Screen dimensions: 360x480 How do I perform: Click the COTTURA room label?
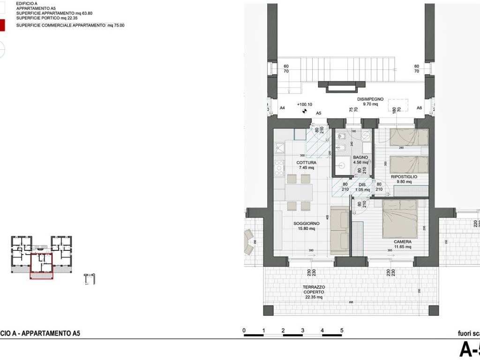[x=306, y=163]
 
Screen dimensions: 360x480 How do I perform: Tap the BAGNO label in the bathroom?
[x=360, y=157]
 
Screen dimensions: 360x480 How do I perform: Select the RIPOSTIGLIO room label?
[x=404, y=177]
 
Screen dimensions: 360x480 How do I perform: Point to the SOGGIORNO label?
[x=307, y=224]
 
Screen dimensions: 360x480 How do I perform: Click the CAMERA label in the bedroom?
[x=402, y=242]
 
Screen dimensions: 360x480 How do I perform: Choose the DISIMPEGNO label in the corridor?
[x=370, y=99]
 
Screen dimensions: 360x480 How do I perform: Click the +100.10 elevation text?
[x=304, y=105]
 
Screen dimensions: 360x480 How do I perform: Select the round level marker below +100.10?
[x=304, y=112]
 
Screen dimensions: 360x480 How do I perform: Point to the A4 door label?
[x=282, y=108]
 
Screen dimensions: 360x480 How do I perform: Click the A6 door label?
[x=420, y=108]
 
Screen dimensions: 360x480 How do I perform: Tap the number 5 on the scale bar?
[x=342, y=330]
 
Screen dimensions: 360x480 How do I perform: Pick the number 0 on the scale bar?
[x=244, y=330]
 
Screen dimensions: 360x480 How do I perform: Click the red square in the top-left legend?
[x=2, y=25]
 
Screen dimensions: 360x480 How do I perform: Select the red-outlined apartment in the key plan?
[x=42, y=266]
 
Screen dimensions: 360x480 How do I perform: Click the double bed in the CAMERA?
[x=399, y=218]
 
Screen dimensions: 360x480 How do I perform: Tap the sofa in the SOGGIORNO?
[x=339, y=230]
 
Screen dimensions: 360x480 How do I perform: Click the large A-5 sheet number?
[x=469, y=350]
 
